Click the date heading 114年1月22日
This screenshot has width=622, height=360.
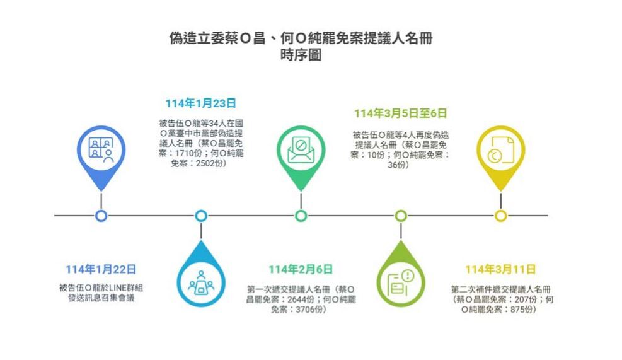[101, 269]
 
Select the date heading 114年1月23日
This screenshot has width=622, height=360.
[201, 103]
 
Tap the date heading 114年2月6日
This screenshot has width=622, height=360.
[301, 269]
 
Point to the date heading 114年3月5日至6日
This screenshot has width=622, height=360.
[400, 113]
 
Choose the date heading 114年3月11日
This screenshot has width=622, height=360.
[500, 269]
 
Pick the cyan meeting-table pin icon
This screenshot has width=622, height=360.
[201, 284]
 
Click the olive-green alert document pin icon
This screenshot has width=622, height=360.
[401, 284]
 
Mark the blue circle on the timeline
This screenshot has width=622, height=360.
[101, 216]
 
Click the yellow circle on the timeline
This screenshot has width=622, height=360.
[500, 216]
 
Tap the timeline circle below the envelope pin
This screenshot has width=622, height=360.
[301, 216]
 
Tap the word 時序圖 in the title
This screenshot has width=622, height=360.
[301, 55]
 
